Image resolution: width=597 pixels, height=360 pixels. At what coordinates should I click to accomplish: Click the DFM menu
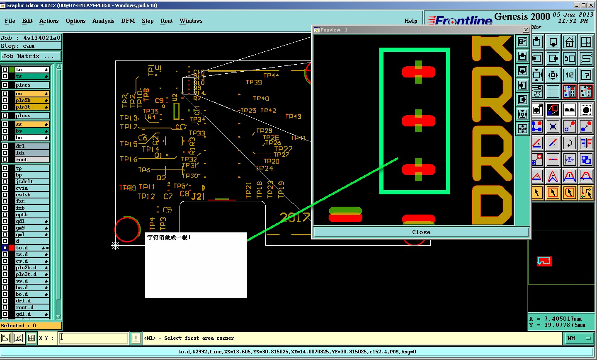point(128,21)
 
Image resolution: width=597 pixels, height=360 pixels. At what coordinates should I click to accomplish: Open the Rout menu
point(166,21)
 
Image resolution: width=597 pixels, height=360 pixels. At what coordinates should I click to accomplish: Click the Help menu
point(410,21)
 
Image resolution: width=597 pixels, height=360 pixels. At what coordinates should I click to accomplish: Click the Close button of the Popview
point(421,232)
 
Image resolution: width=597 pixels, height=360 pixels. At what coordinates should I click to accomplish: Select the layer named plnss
point(32,116)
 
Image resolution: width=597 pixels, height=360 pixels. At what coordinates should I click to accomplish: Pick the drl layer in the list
point(32,146)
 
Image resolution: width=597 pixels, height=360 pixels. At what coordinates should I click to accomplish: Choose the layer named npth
point(32,215)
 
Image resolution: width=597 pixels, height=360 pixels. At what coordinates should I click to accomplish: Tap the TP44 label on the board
point(271,75)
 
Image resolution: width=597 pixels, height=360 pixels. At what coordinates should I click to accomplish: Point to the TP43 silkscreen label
point(293,116)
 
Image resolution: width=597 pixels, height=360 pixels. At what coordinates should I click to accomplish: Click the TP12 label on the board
point(146,196)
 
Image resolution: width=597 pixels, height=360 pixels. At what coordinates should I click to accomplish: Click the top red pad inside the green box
point(418,72)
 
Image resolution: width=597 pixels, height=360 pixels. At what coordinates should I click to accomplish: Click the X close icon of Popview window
point(526,30)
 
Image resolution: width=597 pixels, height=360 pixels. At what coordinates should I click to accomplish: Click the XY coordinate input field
point(94,338)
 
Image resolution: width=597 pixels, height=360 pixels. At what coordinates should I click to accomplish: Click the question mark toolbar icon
point(586,75)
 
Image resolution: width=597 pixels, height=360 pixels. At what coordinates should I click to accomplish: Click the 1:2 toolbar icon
point(570,75)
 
